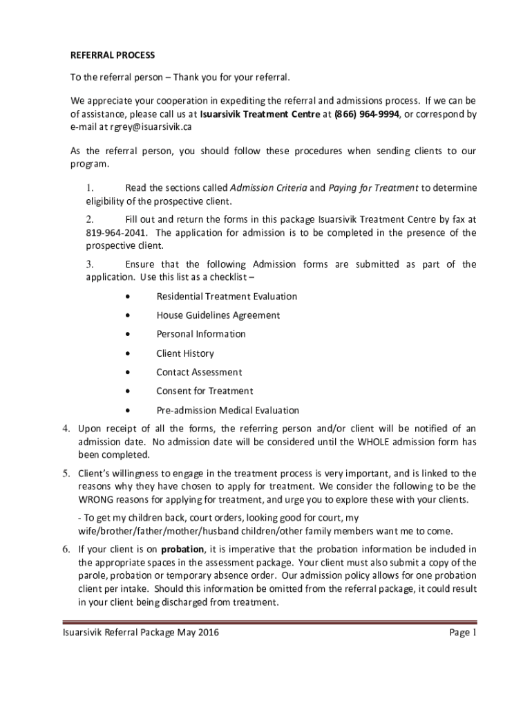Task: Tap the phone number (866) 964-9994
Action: [367, 114]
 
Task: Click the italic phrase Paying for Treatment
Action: [373, 187]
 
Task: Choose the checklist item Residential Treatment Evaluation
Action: [227, 297]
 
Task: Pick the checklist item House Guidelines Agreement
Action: [218, 315]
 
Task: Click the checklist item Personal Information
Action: [200, 334]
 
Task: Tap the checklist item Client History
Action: [185, 353]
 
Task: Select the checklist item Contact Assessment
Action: [199, 372]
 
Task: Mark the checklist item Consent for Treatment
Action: [205, 391]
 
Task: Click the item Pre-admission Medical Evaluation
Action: [227, 410]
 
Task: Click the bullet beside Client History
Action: [129, 353]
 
